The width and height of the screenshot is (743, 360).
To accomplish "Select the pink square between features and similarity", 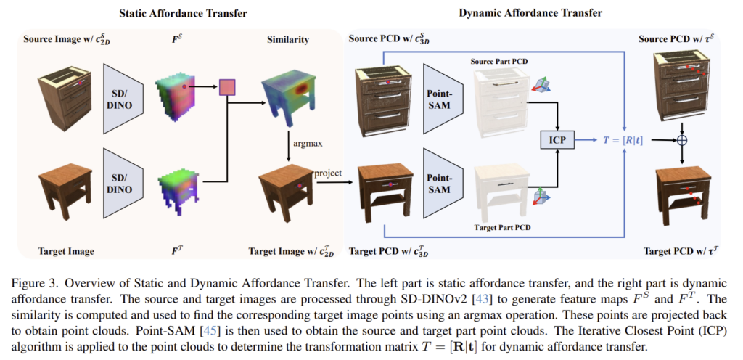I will coord(229,87).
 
